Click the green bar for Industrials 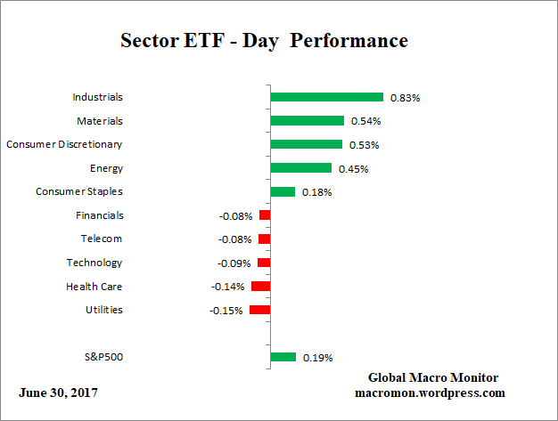[x=326, y=97]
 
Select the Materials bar [x=307, y=120]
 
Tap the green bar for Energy [x=300, y=167]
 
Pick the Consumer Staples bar [x=283, y=191]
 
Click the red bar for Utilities [x=259, y=310]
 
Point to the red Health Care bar [x=260, y=286]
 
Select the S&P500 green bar [x=283, y=357]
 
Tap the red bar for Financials [x=265, y=215]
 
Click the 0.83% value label [x=405, y=98]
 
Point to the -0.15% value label [x=226, y=311]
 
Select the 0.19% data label [x=317, y=358]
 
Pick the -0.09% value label [x=234, y=263]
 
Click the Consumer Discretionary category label [x=64, y=144]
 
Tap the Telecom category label [x=100, y=239]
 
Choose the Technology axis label [x=94, y=263]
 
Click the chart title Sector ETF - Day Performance [x=264, y=41]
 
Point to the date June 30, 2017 [x=58, y=393]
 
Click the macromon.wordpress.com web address [x=431, y=393]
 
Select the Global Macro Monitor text [x=432, y=377]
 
